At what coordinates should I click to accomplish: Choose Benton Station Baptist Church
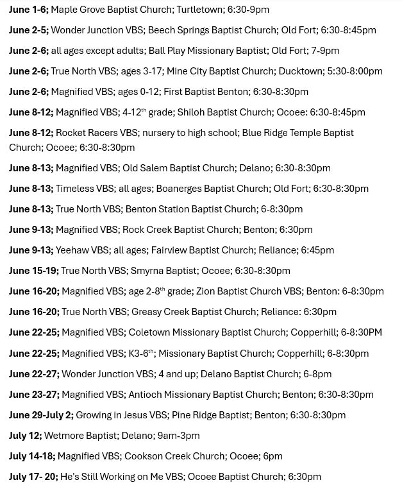(x=190, y=209)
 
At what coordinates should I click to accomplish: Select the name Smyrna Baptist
(x=163, y=271)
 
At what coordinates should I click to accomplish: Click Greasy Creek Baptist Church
(x=193, y=312)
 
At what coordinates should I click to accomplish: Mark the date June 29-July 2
(x=41, y=415)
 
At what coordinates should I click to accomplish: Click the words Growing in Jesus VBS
(x=121, y=415)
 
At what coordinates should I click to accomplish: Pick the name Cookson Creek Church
(x=175, y=456)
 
